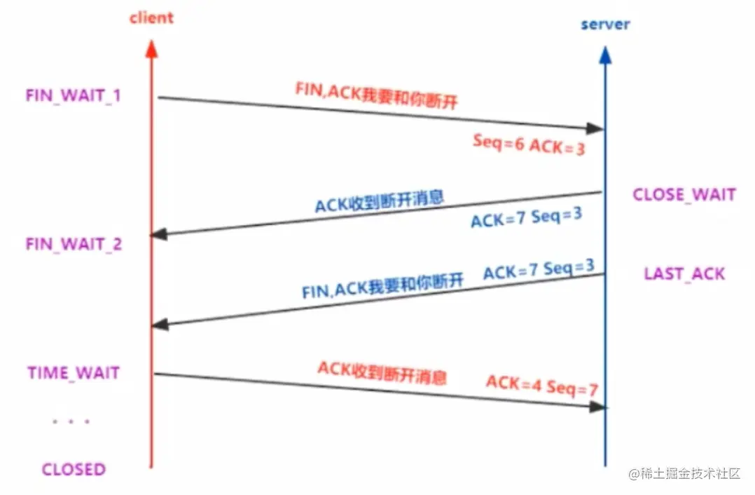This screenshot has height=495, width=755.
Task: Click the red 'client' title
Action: (x=151, y=18)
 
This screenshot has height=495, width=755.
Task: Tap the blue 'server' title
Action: (x=605, y=25)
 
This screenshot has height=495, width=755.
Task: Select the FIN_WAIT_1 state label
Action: (x=73, y=95)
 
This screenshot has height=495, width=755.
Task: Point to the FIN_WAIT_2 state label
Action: (x=74, y=244)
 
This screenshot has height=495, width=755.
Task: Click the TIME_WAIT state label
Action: (x=74, y=372)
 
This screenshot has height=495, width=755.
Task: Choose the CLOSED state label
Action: (x=74, y=469)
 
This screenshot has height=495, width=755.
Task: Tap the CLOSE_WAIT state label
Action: (x=684, y=194)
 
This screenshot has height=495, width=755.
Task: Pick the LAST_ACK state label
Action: (x=684, y=273)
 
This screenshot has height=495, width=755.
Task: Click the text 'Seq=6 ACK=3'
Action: (x=528, y=144)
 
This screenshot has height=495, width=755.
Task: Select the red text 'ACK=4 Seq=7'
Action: (x=541, y=385)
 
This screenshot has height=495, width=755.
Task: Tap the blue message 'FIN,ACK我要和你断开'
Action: (x=383, y=285)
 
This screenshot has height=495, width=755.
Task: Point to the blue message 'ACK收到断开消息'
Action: (x=379, y=201)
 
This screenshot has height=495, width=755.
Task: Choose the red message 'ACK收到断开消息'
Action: (x=382, y=374)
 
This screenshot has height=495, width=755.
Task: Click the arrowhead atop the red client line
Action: (x=151, y=46)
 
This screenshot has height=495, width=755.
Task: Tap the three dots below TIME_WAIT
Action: (x=71, y=421)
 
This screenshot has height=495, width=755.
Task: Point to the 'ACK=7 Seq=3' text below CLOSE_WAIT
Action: (x=526, y=218)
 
